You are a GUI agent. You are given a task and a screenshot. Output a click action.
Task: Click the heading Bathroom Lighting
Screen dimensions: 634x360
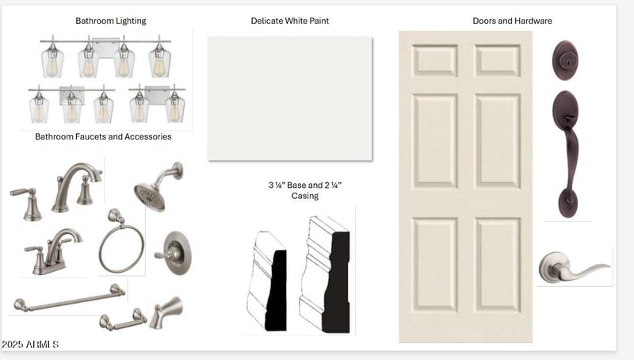[x=111, y=21]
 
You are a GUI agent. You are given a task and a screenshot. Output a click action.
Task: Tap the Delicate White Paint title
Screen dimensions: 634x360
[x=290, y=21]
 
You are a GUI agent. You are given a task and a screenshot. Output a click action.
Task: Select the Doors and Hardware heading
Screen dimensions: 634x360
[x=512, y=21]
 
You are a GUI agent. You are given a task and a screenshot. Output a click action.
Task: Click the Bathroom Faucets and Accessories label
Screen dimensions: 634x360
[x=103, y=136]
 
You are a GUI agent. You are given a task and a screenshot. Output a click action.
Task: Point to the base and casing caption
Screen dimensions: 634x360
[x=305, y=190]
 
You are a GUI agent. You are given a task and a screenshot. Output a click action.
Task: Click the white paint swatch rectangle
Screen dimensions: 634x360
[x=290, y=98]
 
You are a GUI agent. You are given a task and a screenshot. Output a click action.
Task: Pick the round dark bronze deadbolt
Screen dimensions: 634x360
[x=565, y=60]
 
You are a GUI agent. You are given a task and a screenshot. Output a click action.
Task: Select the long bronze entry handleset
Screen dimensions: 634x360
[x=566, y=154]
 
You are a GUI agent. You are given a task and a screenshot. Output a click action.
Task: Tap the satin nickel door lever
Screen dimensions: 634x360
[x=574, y=268]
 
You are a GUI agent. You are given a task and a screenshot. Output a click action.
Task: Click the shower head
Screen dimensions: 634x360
[x=158, y=187]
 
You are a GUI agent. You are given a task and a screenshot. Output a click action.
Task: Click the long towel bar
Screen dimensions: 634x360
[x=70, y=297]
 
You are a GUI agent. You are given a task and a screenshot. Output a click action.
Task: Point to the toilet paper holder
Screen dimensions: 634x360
[x=124, y=320]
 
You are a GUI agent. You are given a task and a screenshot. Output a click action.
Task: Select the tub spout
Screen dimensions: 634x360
[x=166, y=312]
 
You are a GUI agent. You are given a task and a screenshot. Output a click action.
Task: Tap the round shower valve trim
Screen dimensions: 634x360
[x=174, y=253]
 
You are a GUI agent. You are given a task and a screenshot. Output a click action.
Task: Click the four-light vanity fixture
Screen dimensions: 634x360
[x=105, y=56]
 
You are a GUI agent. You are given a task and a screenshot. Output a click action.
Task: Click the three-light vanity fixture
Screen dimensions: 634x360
[x=71, y=104]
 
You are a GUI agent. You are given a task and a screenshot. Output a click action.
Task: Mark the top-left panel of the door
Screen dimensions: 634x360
[x=435, y=61]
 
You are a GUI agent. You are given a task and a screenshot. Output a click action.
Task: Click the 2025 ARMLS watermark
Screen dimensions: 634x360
[x=30, y=345]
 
